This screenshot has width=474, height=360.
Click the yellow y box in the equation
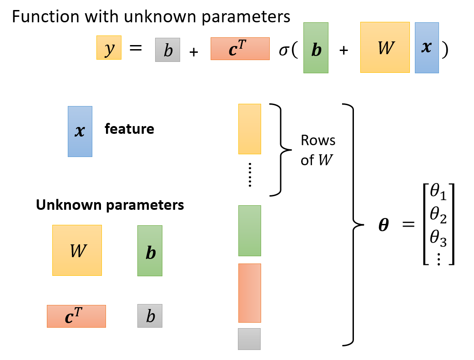[x=109, y=47]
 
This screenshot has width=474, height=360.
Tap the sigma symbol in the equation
[x=284, y=50]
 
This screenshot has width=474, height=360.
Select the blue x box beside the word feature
[x=80, y=131]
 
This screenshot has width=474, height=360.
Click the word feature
[x=129, y=129]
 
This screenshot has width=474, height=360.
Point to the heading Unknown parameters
[x=110, y=205]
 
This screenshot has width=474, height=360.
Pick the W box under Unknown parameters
[x=77, y=250]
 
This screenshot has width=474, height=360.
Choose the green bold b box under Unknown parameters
[x=150, y=250]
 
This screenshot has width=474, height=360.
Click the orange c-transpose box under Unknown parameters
[x=76, y=316]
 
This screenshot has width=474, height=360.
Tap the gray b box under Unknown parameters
[x=150, y=316]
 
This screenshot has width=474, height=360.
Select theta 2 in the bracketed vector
[x=439, y=215]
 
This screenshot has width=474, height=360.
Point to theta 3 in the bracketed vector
[x=439, y=238]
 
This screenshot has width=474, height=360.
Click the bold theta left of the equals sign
[x=383, y=225]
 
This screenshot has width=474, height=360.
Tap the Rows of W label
[x=318, y=150]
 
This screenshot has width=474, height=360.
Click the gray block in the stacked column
[x=249, y=339]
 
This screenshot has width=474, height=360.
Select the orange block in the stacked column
[x=250, y=293]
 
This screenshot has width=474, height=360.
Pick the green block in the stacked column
[x=250, y=231]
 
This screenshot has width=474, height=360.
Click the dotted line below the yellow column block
[x=250, y=175]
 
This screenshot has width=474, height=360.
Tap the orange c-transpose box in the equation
[x=240, y=49]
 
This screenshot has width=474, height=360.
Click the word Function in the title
[x=45, y=16]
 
